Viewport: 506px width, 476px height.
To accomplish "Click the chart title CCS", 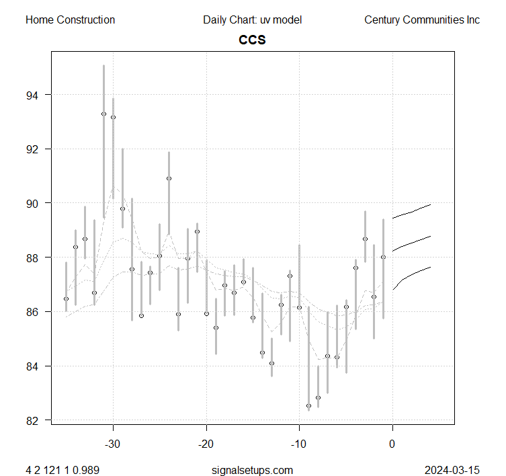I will click(x=253, y=40).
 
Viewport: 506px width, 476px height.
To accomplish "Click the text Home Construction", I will click(x=70, y=20).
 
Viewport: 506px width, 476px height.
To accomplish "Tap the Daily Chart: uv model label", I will click(x=253, y=20).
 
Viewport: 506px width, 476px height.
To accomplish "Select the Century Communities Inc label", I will click(x=422, y=20).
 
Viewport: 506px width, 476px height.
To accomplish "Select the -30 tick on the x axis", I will click(x=113, y=444).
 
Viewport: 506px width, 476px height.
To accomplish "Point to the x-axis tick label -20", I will click(x=206, y=444).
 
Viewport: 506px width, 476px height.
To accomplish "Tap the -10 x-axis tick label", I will click(x=299, y=444).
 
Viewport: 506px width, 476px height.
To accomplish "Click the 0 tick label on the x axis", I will click(x=392, y=444).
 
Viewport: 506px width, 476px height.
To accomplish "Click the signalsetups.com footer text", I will click(x=253, y=470).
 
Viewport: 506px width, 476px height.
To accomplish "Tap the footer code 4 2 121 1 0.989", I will click(x=62, y=470).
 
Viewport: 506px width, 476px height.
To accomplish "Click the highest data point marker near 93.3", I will click(x=103, y=114).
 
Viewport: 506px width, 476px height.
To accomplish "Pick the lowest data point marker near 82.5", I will click(x=308, y=406).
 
